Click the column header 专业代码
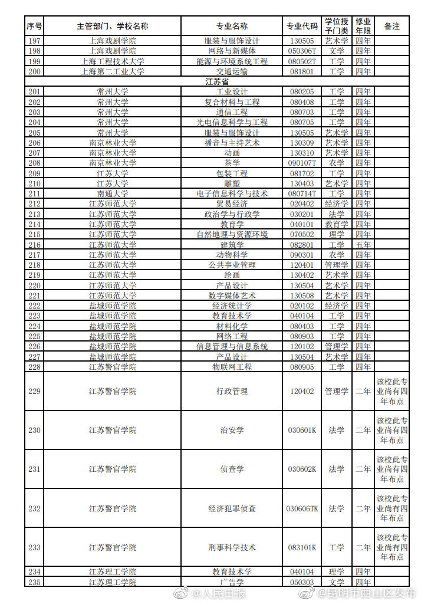[302, 27]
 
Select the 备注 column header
[392, 27]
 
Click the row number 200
[34, 71]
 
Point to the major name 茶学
[232, 163]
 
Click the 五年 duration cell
[363, 245]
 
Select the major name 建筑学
[232, 245]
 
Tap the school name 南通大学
[112, 193]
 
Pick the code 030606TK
[302, 508]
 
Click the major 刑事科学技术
[232, 547]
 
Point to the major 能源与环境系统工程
[232, 61]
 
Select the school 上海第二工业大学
[112, 71]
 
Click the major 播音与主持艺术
[232, 143]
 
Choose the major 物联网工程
[232, 367]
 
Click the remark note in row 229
[392, 391]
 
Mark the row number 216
[34, 245]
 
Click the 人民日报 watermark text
[224, 593]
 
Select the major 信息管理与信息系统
[232, 347]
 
